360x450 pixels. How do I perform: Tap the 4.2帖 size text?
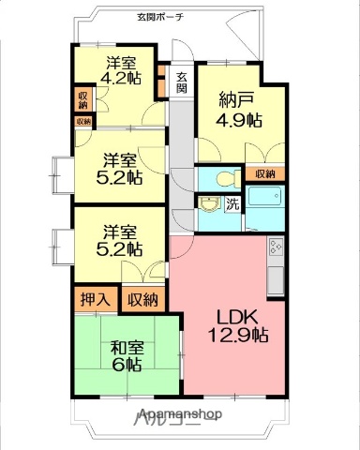click(x=122, y=79)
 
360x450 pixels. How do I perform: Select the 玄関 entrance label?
click(x=181, y=82)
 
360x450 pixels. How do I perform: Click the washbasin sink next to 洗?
click(x=209, y=204)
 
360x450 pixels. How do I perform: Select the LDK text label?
click(x=236, y=316)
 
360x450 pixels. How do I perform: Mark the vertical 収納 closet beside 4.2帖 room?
click(x=83, y=100)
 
